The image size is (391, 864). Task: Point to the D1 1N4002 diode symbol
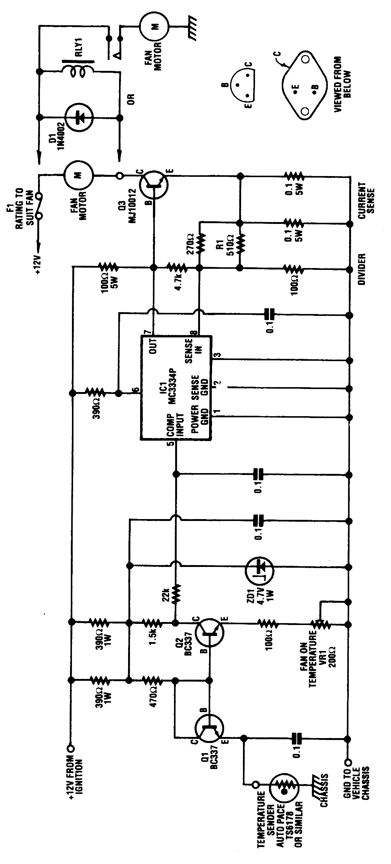(x=79, y=117)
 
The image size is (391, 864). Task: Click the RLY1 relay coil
(x=79, y=72)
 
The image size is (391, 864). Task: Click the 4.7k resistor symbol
(x=176, y=268)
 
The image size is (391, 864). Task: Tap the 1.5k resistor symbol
(x=152, y=622)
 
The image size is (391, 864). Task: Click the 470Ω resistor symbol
(x=152, y=680)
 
